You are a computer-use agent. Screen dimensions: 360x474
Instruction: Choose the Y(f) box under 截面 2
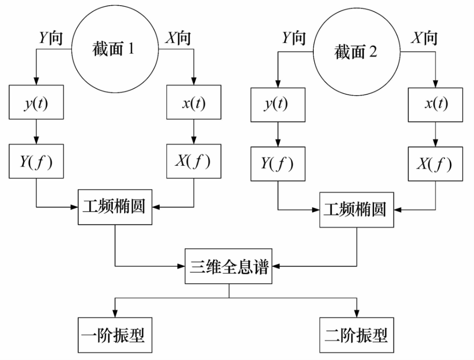click(x=277, y=164)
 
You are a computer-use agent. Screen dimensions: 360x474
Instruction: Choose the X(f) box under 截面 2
click(x=436, y=164)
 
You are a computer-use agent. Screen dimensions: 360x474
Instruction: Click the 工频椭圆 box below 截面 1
click(x=114, y=207)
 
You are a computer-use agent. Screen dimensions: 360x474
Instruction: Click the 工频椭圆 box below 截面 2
click(x=356, y=209)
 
